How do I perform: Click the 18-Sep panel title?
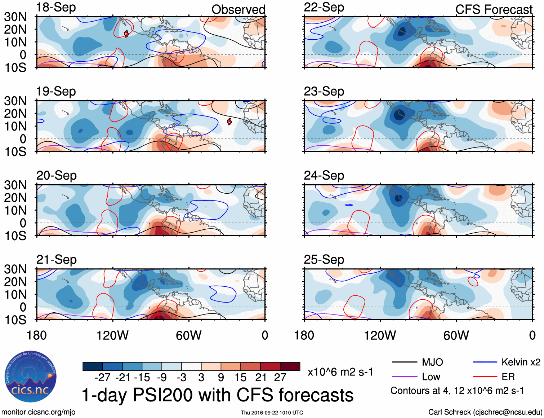56,8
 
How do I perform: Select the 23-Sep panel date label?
324,92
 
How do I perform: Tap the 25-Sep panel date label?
324,260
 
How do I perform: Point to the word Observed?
238,10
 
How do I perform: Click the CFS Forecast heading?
494,10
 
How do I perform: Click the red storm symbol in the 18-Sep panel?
126,34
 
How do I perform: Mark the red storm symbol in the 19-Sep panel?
229,122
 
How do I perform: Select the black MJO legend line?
404,362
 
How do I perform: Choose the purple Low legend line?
404,377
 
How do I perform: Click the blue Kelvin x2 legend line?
485,362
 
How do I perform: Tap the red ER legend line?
485,377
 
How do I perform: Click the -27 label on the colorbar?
103,378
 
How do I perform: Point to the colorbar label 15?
240,378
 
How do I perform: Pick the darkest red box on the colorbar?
290,366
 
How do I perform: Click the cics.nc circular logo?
30,377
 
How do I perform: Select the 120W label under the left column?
112,336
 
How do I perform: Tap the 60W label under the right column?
456,336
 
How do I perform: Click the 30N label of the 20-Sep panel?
15,185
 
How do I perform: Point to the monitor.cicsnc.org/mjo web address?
39,412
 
